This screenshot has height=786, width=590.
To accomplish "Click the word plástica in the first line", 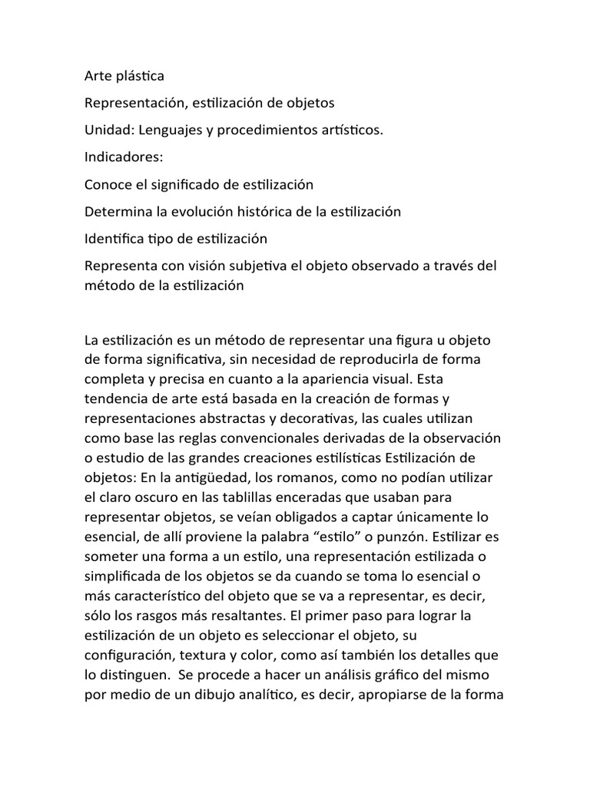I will [x=140, y=77].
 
